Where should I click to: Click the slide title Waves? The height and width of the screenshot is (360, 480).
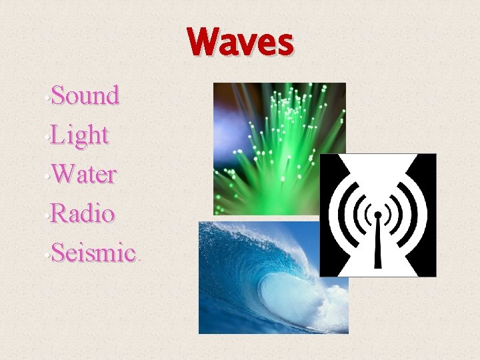(240, 43)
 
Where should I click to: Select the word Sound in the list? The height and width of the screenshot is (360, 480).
(85, 96)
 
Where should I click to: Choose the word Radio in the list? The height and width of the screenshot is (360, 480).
(82, 214)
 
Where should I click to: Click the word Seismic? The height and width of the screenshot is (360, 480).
(93, 253)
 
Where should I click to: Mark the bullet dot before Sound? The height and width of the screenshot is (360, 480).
(48, 101)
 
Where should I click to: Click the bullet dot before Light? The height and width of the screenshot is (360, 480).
(48, 140)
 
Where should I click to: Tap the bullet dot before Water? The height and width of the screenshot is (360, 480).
(48, 179)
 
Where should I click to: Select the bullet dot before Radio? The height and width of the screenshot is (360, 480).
(48, 219)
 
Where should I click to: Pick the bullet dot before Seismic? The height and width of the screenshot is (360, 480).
(48, 258)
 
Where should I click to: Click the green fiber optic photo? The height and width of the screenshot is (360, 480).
(267, 133)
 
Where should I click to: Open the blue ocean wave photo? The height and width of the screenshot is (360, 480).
(267, 280)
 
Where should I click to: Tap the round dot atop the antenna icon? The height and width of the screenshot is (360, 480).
(378, 215)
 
